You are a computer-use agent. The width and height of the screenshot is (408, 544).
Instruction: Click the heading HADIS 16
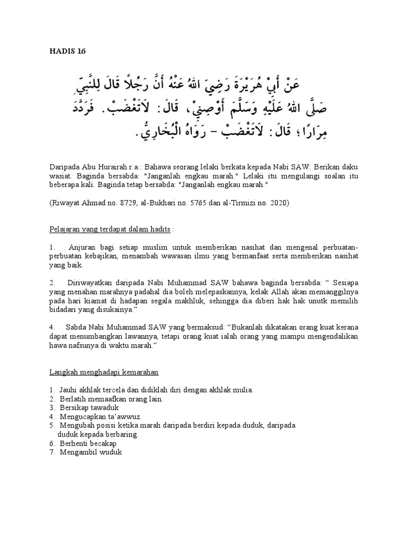tap(67, 52)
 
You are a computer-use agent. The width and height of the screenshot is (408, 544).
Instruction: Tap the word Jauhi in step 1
tap(69, 389)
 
